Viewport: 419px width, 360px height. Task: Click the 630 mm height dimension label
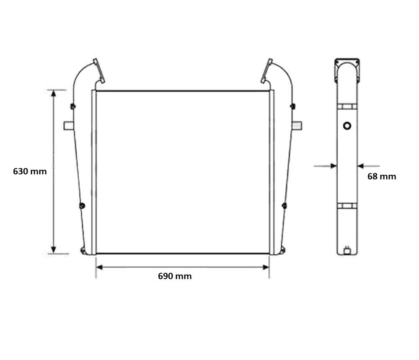point(30,171)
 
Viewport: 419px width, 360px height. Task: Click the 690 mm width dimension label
point(175,276)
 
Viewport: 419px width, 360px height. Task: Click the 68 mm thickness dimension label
point(382,176)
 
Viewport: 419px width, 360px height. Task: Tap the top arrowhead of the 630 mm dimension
point(54,93)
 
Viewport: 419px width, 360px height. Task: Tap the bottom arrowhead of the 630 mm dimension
point(54,250)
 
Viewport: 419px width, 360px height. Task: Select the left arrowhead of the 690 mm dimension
point(99,267)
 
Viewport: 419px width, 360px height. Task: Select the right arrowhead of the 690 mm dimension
point(266,267)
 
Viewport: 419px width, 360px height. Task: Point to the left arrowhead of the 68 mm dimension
point(334,166)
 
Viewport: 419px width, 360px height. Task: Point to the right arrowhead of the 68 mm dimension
point(360,166)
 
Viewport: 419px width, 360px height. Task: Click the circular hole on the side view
point(347,126)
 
